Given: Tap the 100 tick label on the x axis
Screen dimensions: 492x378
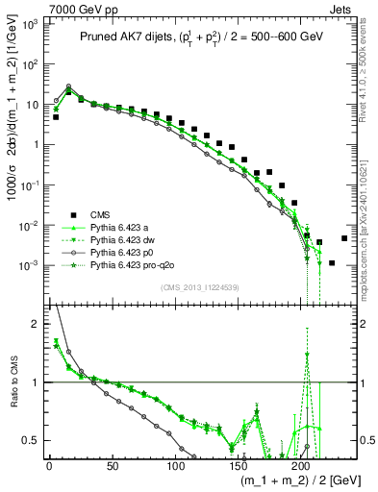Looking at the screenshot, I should pyautogui.click(x=174, y=465).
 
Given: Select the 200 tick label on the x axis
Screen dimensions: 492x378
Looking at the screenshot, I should pyautogui.click(x=300, y=465).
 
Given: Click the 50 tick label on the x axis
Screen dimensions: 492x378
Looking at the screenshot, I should pyautogui.click(x=112, y=465).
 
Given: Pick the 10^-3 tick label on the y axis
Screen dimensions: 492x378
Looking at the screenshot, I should pyautogui.click(x=29, y=265).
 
